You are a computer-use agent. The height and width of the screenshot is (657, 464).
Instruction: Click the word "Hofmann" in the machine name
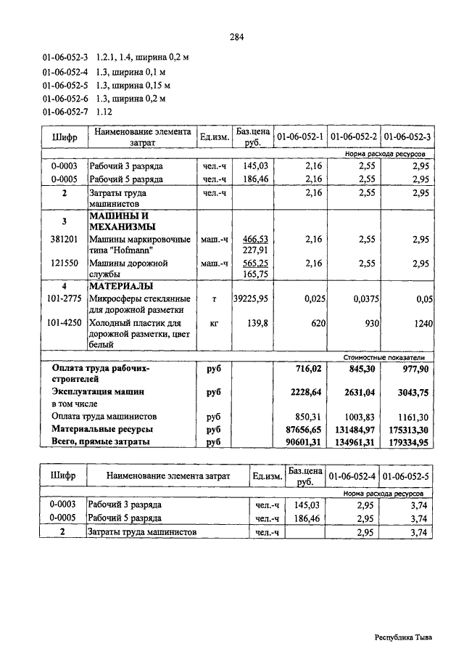click(130, 250)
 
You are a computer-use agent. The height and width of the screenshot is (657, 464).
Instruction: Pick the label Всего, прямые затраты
click(101, 441)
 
